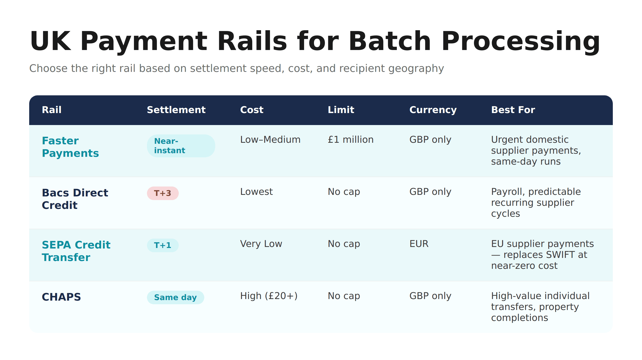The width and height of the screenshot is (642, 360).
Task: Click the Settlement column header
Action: click(x=176, y=110)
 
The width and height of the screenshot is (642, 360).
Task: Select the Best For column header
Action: click(x=513, y=110)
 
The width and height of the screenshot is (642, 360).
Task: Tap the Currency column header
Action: click(x=433, y=110)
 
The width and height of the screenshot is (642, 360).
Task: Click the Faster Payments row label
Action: click(x=70, y=147)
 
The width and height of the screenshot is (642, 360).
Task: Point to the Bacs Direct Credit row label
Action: click(x=75, y=199)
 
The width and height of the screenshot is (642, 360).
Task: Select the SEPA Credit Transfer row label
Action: click(x=76, y=251)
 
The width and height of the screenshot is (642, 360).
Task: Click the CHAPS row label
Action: click(x=61, y=297)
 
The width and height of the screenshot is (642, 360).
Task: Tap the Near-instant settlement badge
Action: click(x=181, y=146)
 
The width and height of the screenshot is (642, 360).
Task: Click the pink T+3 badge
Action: click(x=163, y=193)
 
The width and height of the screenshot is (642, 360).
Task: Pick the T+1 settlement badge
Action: click(x=163, y=245)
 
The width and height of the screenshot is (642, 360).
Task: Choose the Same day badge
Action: click(x=175, y=297)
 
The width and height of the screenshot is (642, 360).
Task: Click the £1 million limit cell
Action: click(x=350, y=140)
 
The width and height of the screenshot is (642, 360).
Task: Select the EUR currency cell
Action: click(x=419, y=244)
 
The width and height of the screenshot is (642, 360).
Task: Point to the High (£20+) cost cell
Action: click(x=269, y=296)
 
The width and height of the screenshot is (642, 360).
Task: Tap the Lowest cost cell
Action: click(x=256, y=192)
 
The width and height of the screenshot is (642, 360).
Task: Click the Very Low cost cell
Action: click(x=261, y=244)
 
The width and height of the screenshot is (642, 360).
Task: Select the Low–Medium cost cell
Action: click(x=270, y=140)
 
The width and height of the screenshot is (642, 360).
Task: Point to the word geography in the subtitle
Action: click(x=416, y=69)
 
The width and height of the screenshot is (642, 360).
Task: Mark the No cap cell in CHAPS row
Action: click(x=344, y=296)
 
